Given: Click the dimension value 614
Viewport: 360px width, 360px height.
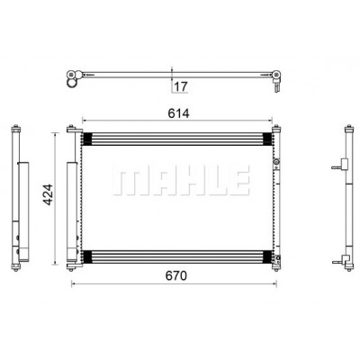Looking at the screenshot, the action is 178,113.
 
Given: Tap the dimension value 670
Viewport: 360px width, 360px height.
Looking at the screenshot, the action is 176,275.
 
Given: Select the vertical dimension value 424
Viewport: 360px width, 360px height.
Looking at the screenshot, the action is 48,194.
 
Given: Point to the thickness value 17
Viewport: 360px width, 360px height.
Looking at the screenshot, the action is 181,86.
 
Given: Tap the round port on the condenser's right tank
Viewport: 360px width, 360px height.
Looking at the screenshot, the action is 275,162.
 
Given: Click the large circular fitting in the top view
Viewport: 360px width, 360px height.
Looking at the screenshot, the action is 71,84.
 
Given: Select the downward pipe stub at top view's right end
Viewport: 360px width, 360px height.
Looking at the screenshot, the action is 276,87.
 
